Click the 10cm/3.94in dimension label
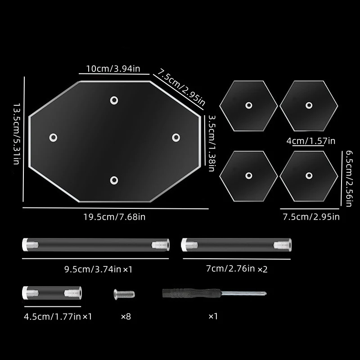[x=113, y=69]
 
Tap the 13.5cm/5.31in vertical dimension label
[x=17, y=134]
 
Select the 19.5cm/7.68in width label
[x=114, y=217]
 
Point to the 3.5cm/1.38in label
[x=211, y=143]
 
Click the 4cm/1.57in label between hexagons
[x=311, y=141]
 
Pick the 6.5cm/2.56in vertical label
[x=349, y=179]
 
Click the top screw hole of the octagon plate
[x=114, y=100]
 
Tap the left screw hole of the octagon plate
[x=53, y=138]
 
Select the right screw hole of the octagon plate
[x=176, y=138]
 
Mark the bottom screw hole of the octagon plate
[x=114, y=180]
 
